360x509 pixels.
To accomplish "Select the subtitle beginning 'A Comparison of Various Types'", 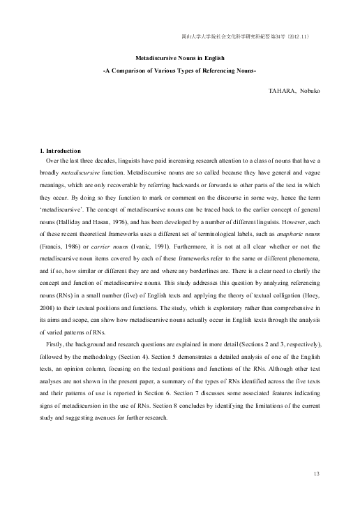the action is tap(180, 73).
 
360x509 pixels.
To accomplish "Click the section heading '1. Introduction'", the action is tap(61, 152).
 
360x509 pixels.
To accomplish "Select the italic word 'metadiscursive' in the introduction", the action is tap(84, 170).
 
